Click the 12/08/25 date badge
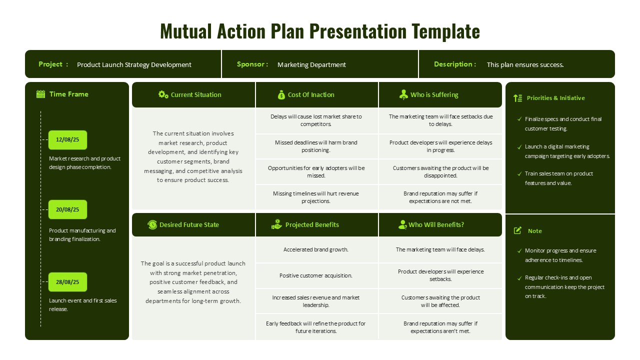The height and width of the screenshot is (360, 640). (x=67, y=140)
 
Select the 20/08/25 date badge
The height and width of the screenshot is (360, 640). (x=67, y=209)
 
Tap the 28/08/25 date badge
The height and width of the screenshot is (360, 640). (x=67, y=282)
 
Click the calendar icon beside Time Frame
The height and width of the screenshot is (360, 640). (x=41, y=94)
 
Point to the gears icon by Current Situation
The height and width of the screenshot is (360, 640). (x=163, y=94)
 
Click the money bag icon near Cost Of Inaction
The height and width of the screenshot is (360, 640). (x=281, y=94)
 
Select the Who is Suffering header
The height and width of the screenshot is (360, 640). (x=434, y=94)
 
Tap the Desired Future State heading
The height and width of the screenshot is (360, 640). (x=189, y=225)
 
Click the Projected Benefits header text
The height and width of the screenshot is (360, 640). (x=312, y=225)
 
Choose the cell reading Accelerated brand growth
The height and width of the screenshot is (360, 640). (x=316, y=249)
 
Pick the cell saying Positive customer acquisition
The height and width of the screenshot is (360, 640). (x=316, y=275)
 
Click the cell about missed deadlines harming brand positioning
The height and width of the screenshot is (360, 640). (x=316, y=146)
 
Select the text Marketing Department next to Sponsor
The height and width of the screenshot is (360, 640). (x=311, y=64)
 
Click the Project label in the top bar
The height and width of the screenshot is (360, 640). (x=50, y=64)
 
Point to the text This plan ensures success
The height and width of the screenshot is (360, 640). (x=525, y=64)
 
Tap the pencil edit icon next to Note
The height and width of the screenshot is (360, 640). (x=518, y=230)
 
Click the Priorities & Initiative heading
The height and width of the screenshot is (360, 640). (x=555, y=98)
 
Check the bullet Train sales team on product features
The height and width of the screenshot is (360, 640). (x=558, y=178)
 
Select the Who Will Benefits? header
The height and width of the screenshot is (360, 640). (x=436, y=225)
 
